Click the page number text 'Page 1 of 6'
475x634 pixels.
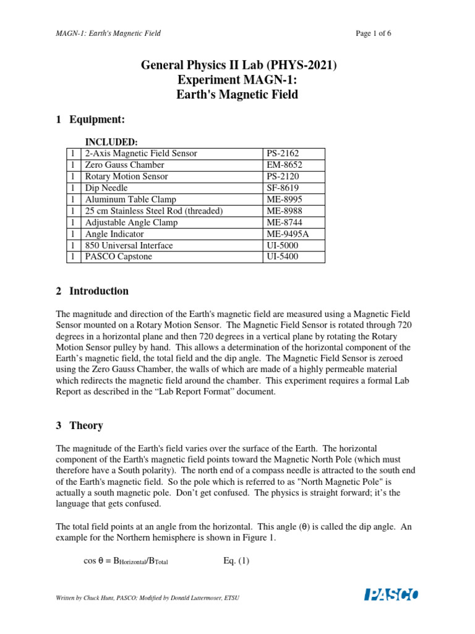pyautogui.click(x=374, y=33)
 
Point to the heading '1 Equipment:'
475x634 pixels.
pyautogui.click(x=90, y=119)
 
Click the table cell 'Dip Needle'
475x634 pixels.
pyautogui.click(x=106, y=188)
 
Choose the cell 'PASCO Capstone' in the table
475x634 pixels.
pyautogui.click(x=118, y=257)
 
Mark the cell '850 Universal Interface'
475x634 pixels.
pyautogui.click(x=129, y=246)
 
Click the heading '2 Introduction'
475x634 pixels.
pyautogui.click(x=92, y=291)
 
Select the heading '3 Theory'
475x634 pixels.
pyautogui.click(x=80, y=425)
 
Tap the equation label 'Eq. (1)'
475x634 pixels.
pyautogui.click(x=236, y=562)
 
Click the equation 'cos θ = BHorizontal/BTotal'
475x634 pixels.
pyautogui.click(x=126, y=562)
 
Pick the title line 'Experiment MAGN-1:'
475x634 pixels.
pyautogui.click(x=238, y=80)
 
